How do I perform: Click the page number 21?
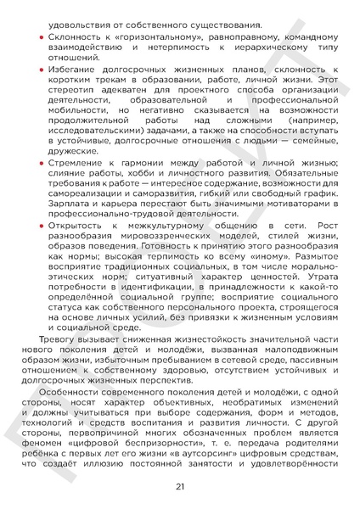(x=180, y=486)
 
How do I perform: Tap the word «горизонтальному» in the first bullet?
(x=132, y=40)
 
